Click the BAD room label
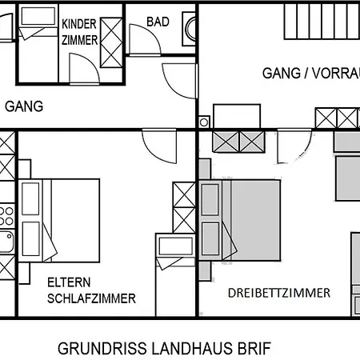coord(158,22)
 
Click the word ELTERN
coord(68,282)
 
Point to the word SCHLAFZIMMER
coord(90,298)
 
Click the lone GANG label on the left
coord(24,106)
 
